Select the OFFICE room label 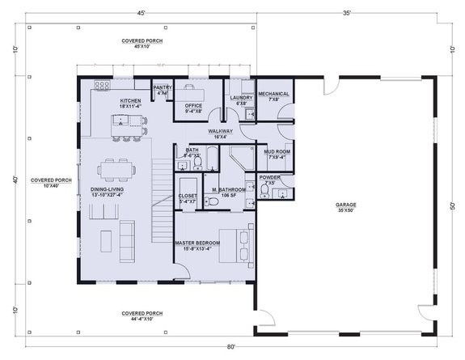tap(192, 105)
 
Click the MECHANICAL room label tap(273, 94)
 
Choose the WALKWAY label tap(220, 130)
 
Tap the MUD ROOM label tap(277, 150)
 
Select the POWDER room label tap(269, 177)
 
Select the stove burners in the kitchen tap(103, 84)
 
